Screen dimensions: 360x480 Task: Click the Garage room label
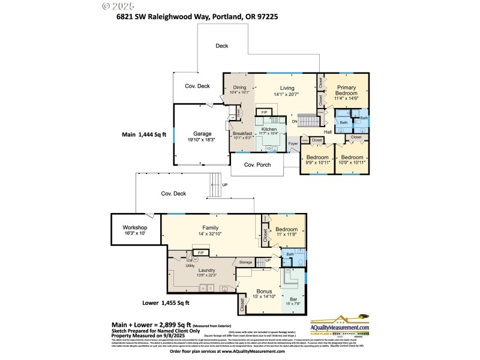(202, 133)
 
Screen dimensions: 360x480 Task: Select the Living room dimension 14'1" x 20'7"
(286, 94)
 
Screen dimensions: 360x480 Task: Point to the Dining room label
(239, 88)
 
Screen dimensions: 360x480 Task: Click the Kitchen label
(268, 128)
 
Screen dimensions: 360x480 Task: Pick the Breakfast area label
(242, 133)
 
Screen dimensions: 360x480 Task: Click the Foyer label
(293, 143)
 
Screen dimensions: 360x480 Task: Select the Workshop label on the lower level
(134, 227)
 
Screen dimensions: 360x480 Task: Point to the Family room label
(210, 227)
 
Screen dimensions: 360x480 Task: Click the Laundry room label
(206, 270)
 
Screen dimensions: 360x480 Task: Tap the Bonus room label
(264, 291)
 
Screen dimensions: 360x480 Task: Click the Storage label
(245, 262)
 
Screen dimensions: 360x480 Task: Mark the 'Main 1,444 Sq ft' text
(144, 136)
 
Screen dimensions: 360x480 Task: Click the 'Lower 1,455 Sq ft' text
(166, 303)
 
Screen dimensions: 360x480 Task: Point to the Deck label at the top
(222, 46)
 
